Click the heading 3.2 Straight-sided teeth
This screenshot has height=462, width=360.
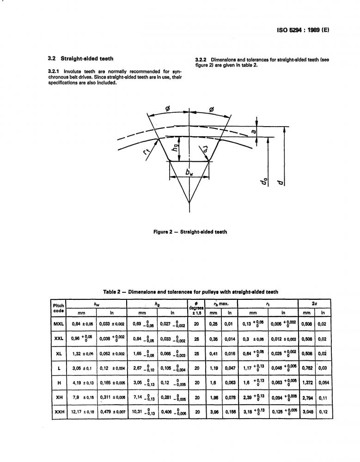[81, 59]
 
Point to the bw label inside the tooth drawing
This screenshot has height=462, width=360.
[189, 173]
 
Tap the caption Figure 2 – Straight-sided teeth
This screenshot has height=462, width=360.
[190, 232]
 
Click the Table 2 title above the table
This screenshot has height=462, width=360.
[190, 292]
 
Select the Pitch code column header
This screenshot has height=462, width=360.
[59, 308]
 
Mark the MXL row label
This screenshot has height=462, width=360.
[59, 324]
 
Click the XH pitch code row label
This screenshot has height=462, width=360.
[59, 397]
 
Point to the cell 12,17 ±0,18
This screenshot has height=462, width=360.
[82, 412]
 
